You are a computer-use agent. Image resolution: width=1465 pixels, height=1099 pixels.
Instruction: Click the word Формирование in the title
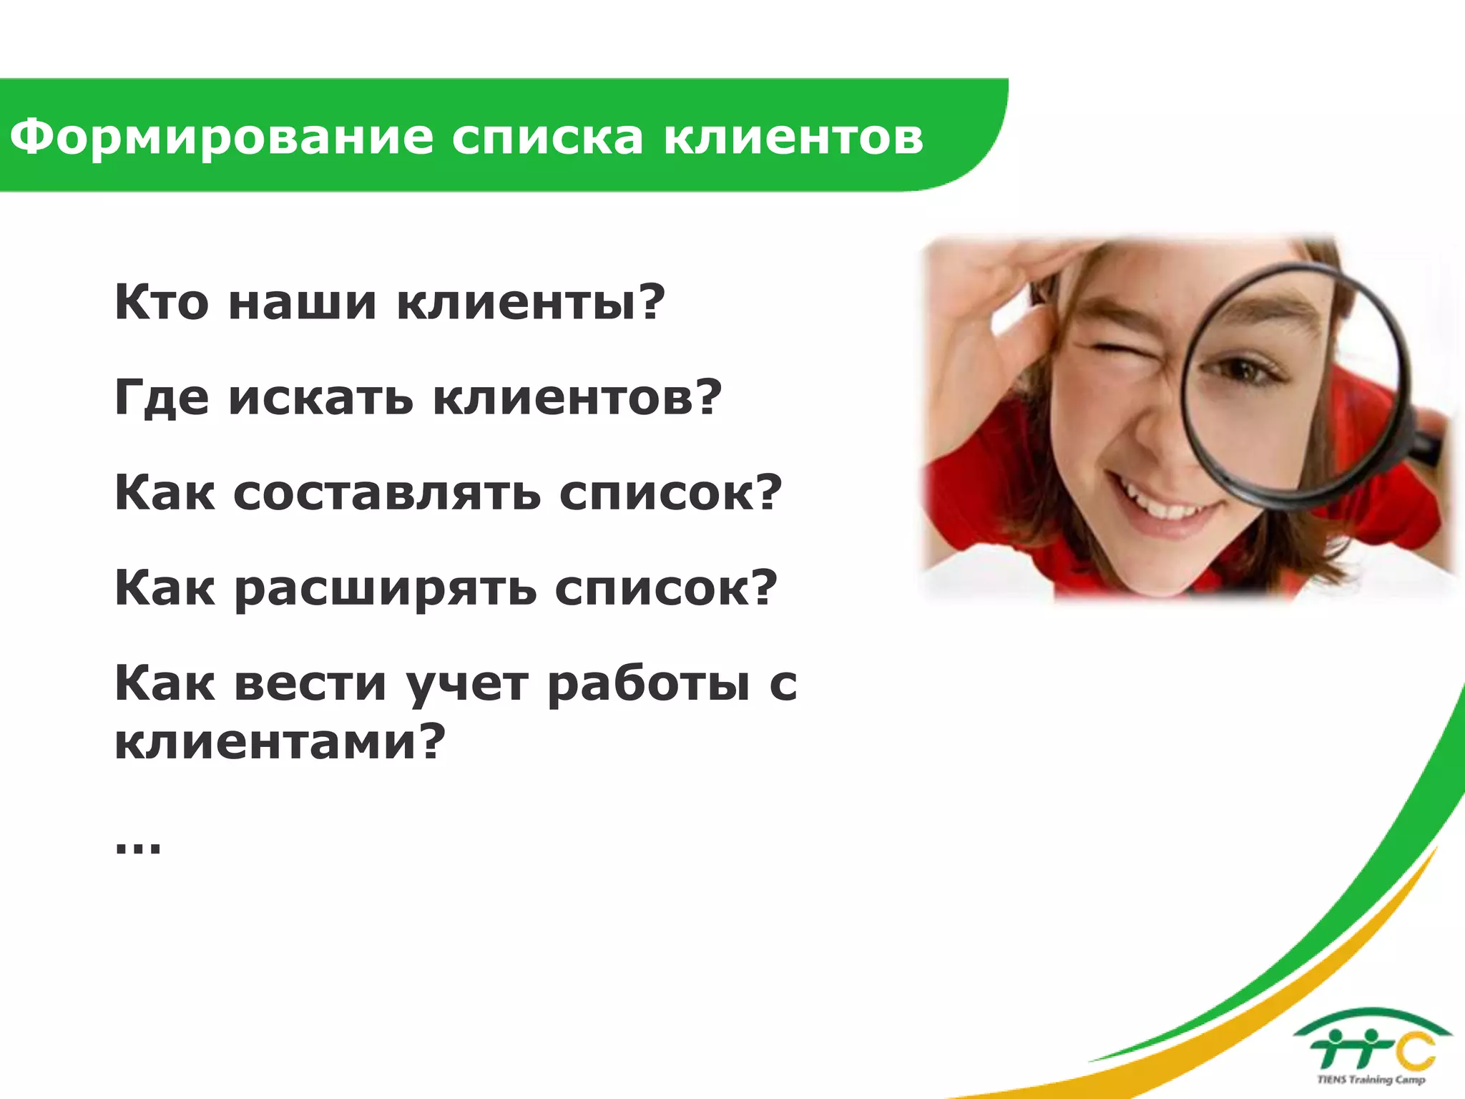tap(221, 137)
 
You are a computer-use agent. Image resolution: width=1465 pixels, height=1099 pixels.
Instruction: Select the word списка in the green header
tap(547, 137)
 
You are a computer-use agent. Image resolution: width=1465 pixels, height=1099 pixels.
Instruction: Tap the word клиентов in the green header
tap(793, 137)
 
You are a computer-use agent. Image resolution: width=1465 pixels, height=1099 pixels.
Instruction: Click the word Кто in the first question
tap(162, 302)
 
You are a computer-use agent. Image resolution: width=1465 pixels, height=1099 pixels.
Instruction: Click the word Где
tap(162, 398)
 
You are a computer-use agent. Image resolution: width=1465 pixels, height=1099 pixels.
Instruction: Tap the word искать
tap(321, 398)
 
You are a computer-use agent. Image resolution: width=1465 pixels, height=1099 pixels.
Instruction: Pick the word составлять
tap(386, 494)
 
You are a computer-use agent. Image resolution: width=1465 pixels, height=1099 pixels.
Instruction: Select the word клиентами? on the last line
tap(280, 741)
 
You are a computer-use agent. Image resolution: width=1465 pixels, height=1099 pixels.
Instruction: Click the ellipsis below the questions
tap(138, 848)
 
